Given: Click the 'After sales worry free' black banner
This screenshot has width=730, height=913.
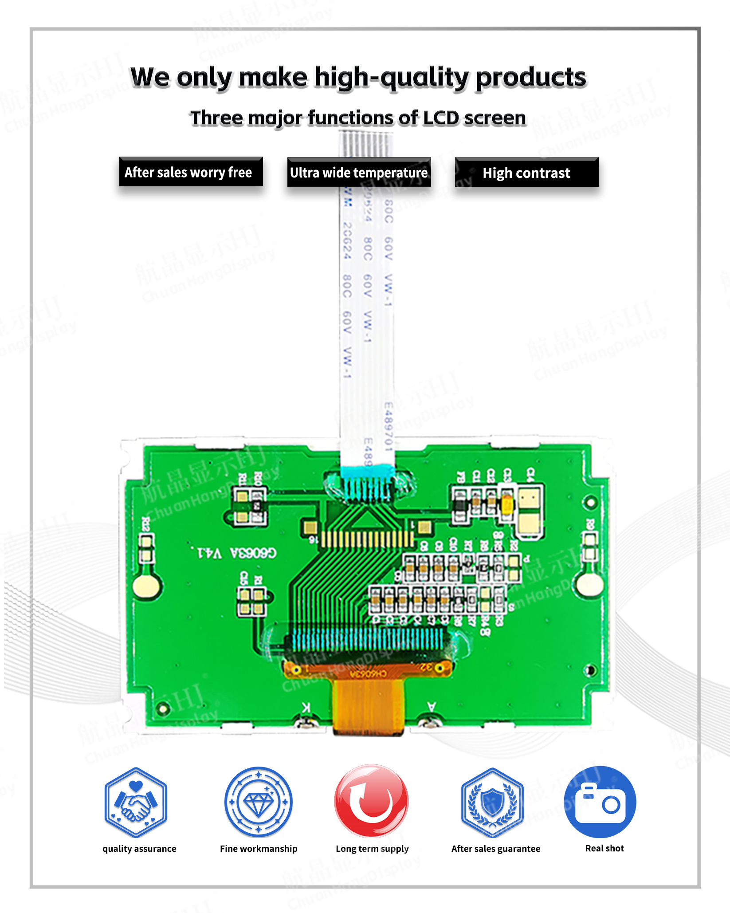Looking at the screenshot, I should click(x=191, y=172).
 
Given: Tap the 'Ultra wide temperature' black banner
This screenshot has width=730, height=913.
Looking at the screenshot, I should click(x=359, y=173).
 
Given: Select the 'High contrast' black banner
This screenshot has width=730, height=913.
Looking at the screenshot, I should click(x=526, y=173).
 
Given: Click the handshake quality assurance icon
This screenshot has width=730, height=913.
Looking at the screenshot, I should click(x=136, y=802).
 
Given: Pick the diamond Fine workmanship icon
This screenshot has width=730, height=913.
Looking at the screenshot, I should click(x=259, y=802).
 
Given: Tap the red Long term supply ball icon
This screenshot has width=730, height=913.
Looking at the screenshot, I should click(x=371, y=801).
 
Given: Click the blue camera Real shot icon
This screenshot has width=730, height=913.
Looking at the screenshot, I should click(x=600, y=802).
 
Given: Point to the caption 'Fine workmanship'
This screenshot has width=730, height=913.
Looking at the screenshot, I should click(x=259, y=849).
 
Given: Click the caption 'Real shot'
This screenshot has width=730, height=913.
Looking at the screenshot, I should click(x=604, y=848).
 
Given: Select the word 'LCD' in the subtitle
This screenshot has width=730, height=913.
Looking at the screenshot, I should click(x=441, y=118).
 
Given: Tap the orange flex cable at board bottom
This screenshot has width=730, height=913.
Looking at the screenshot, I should click(x=369, y=705).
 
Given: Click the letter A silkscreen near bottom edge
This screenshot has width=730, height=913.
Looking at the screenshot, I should click(x=431, y=706).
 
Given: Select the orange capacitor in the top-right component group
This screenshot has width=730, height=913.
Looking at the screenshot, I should click(x=507, y=504).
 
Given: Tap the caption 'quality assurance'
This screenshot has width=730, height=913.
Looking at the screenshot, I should click(x=139, y=849).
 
